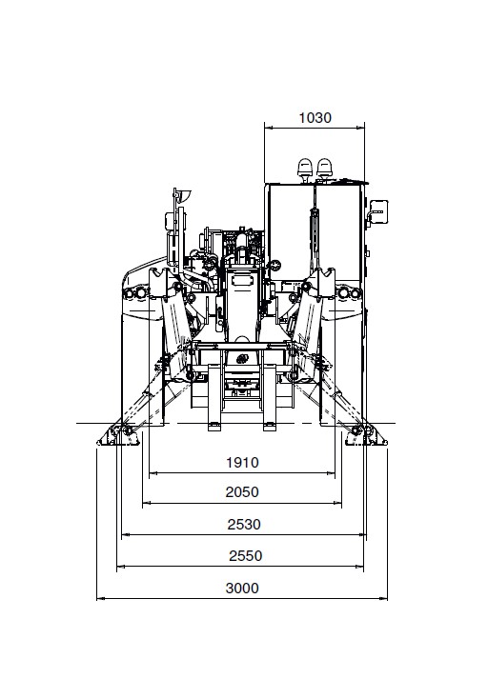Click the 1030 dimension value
[315, 118]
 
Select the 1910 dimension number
[242, 463]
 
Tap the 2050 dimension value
[242, 492]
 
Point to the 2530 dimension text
[244, 525]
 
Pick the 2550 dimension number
[245, 555]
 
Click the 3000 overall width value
[242, 589]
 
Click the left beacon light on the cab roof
[305, 168]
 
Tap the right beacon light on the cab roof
[325, 168]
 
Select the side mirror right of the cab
[378, 211]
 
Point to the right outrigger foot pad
[366, 436]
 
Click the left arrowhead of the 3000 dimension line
[100, 599]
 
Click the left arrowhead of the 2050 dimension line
[147, 503]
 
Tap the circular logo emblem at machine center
[242, 359]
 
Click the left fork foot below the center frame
[215, 427]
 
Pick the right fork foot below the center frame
[270, 427]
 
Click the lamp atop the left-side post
[183, 196]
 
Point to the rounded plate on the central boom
[242, 280]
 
